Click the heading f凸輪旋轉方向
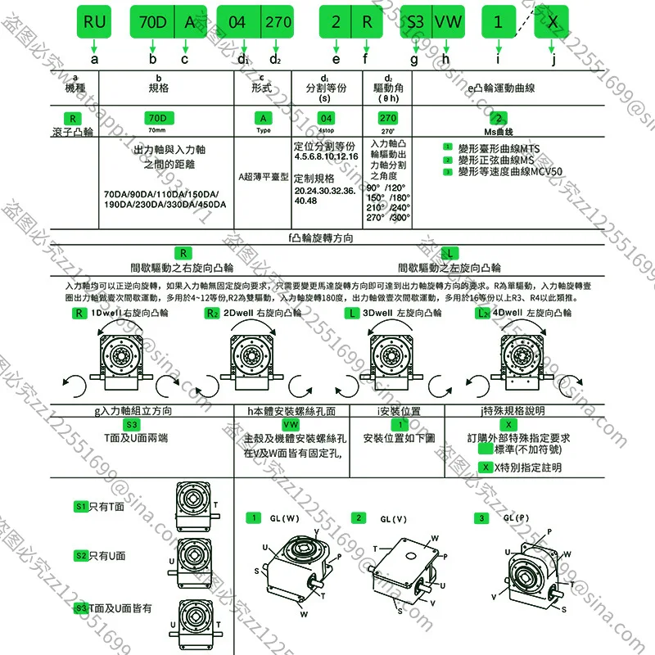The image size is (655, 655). coord(320,237)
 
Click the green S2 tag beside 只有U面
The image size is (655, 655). coord(80,555)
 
